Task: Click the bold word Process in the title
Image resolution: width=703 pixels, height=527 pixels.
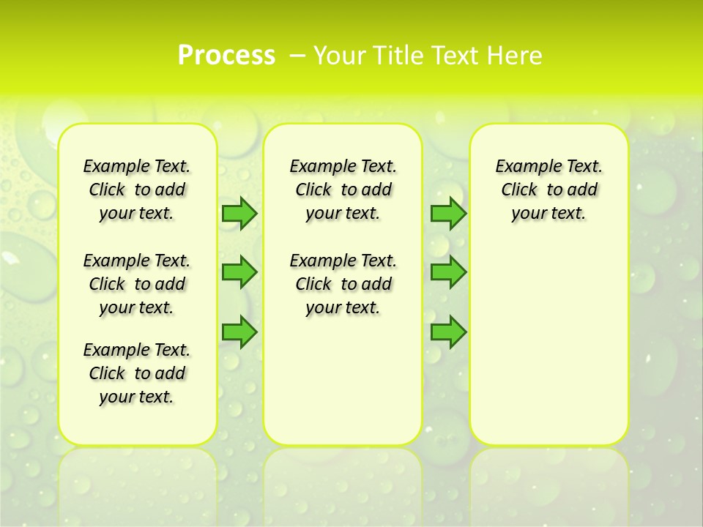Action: pyautogui.click(x=226, y=55)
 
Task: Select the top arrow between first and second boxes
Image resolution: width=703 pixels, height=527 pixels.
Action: pyautogui.click(x=239, y=214)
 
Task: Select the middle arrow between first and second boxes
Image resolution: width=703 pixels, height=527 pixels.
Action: pyautogui.click(x=239, y=272)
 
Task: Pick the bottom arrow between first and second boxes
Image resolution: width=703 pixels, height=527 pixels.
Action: pyautogui.click(x=239, y=332)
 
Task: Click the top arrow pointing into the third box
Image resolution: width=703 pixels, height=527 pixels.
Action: pyautogui.click(x=448, y=214)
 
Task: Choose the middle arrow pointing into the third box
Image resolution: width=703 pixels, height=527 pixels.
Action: pyautogui.click(x=448, y=272)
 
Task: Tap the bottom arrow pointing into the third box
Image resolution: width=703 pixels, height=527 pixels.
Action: pyautogui.click(x=448, y=332)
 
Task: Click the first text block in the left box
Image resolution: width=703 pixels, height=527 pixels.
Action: pyautogui.click(x=137, y=190)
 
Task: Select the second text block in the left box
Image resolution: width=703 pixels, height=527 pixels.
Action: pyautogui.click(x=137, y=284)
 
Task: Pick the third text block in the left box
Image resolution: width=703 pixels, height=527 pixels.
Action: pyautogui.click(x=137, y=373)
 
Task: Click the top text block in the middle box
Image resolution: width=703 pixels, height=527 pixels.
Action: pyautogui.click(x=343, y=190)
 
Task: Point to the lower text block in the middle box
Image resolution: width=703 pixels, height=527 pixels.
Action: pyautogui.click(x=343, y=284)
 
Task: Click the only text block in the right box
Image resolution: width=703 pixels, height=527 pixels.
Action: pyautogui.click(x=548, y=190)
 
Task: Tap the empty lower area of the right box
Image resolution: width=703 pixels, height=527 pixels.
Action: pyautogui.click(x=548, y=344)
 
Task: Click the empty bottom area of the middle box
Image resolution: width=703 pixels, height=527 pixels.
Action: pyautogui.click(x=343, y=388)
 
